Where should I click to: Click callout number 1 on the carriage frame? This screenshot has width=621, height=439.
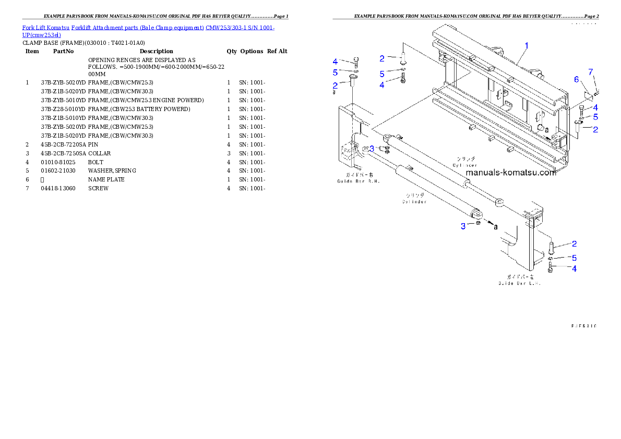pyautogui.click(x=527, y=45)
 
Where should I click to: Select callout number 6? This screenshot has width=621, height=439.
pyautogui.click(x=577, y=79)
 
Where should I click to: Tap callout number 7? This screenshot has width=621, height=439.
pyautogui.click(x=591, y=71)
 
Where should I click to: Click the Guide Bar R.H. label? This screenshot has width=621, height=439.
pyautogui.click(x=358, y=178)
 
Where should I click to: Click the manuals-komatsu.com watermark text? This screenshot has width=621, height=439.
pyautogui.click(x=510, y=173)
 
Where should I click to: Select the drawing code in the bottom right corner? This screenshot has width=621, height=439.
pyautogui.click(x=583, y=326)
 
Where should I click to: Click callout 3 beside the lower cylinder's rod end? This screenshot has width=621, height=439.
pyautogui.click(x=463, y=226)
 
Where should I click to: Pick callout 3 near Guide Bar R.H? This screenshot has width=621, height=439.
pyautogui.click(x=372, y=148)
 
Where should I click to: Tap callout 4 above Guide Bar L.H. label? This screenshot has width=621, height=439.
pyautogui.click(x=574, y=269)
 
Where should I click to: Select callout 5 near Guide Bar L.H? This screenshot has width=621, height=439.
pyautogui.click(x=574, y=258)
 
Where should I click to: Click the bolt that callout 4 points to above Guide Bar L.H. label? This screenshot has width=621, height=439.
pyautogui.click(x=551, y=269)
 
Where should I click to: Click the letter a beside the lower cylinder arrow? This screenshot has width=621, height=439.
pyautogui.click(x=495, y=227)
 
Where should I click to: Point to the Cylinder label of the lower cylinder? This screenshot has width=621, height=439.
pyautogui.click(x=414, y=199)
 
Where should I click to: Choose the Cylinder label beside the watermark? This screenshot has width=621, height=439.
pyautogui.click(x=464, y=162)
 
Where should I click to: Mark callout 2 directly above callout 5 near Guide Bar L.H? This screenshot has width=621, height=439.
pyautogui.click(x=574, y=243)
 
